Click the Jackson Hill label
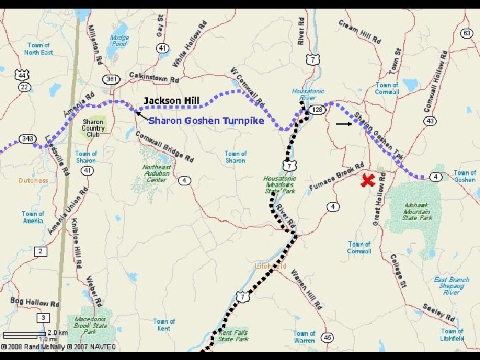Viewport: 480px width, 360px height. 171,101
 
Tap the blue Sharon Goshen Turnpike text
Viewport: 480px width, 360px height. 206,121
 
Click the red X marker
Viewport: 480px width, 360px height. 367,180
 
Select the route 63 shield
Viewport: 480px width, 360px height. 467,33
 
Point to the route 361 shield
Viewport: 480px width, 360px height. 111,79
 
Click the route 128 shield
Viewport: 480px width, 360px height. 317,109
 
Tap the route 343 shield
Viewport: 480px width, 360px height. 27,139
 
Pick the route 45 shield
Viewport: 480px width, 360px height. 327,338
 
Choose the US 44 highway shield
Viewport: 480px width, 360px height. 22,75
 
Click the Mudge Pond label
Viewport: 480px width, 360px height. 119,41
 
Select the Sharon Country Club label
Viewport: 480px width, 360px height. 93,128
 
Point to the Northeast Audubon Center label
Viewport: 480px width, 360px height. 157,173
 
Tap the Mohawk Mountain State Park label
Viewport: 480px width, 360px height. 417,211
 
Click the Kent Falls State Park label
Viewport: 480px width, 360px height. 233,335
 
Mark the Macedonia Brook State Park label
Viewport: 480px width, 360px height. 90,325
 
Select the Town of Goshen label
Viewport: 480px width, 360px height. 465,176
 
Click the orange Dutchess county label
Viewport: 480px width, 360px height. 33,181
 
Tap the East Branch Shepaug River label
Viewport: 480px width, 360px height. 451,285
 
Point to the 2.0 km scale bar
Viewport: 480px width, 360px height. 25,333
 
